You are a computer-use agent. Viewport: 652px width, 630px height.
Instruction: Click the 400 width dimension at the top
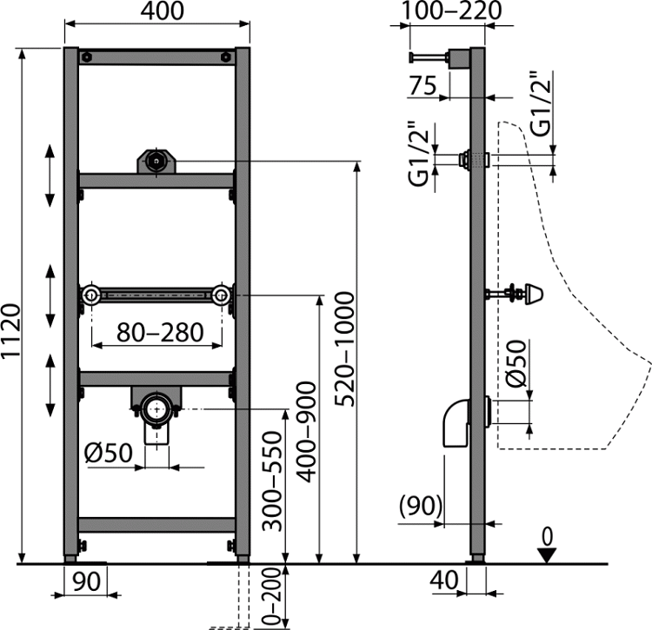coord(162,10)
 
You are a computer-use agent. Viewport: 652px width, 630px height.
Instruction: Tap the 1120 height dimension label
coord(10,331)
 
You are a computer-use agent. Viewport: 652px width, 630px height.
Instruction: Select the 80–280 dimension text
coord(160,332)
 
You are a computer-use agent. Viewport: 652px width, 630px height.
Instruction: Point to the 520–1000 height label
coord(345,349)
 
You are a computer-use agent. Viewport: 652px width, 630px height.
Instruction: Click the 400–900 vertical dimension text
coord(307,432)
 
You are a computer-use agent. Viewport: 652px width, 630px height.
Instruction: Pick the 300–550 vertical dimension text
coord(272,481)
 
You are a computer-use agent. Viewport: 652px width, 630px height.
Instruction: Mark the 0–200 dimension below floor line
coord(272,597)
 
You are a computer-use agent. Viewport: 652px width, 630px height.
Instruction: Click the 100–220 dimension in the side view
coord(451,10)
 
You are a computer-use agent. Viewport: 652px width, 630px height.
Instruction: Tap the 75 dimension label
coord(422,85)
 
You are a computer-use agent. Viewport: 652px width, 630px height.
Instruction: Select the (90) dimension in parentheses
coord(421,506)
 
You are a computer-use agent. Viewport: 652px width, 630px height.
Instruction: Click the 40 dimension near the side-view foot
coord(444,580)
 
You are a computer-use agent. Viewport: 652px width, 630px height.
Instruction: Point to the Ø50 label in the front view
coord(109,453)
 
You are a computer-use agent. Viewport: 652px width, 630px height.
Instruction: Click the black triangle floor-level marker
coord(547,555)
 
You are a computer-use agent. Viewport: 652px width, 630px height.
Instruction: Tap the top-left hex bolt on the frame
coord(86,57)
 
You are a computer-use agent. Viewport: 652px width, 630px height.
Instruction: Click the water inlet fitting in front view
coord(156,162)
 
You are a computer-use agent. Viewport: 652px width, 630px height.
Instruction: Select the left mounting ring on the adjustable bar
coord(90,295)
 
